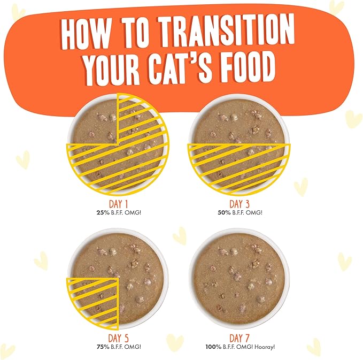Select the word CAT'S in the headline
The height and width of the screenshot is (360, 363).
pos(180,66)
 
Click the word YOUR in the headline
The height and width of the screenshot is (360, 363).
pos(112,68)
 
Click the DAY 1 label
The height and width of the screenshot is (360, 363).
pos(118,204)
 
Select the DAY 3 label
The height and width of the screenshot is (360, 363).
pos(240,204)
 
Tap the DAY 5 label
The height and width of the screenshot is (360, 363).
pos(118,338)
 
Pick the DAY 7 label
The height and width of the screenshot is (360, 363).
pos(240,338)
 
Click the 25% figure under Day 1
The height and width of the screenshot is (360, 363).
pos(103,212)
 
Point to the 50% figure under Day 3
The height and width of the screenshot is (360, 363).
pos(224,212)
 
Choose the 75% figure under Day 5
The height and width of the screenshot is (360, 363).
pos(103,347)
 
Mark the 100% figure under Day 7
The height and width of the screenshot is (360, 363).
pos(213,347)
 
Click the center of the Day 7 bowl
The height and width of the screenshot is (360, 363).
pos(240,279)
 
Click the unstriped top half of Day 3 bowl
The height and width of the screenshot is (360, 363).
pos(239,123)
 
